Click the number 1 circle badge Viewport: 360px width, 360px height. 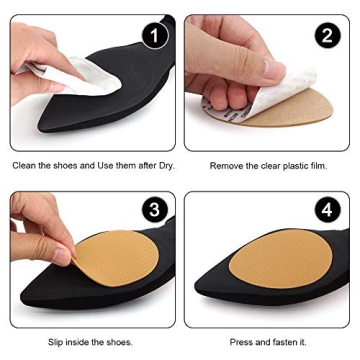point(151,37)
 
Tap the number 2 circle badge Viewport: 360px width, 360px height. point(325,37)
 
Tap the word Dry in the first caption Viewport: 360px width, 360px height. point(165,165)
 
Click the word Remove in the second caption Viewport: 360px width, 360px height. point(225,165)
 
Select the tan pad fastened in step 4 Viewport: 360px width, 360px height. point(280,268)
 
